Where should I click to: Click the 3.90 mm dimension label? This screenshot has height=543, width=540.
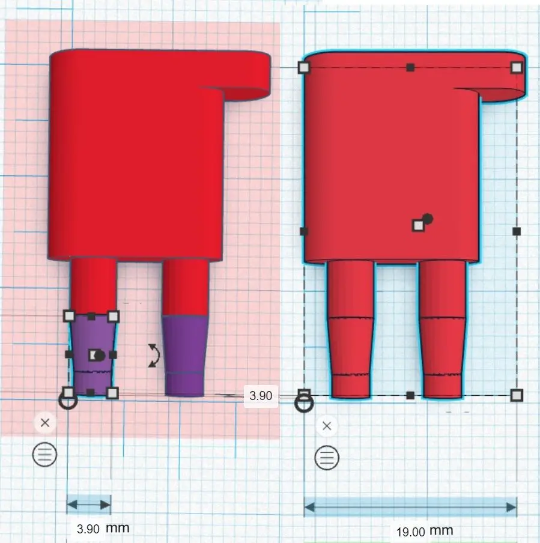[x=103, y=529]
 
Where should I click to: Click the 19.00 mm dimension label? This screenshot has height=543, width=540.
[x=425, y=531]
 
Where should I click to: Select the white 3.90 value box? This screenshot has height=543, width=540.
[x=261, y=395]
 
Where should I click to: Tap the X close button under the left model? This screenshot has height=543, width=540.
[x=45, y=423]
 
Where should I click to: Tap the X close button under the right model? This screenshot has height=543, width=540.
[x=327, y=426]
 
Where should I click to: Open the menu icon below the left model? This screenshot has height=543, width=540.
[x=44, y=454]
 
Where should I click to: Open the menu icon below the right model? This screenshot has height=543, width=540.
[x=327, y=458]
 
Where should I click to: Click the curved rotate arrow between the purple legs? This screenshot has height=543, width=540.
[x=154, y=356]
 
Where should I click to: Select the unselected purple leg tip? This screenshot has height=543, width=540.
[x=185, y=356]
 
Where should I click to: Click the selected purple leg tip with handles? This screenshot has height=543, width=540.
[x=91, y=354]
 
